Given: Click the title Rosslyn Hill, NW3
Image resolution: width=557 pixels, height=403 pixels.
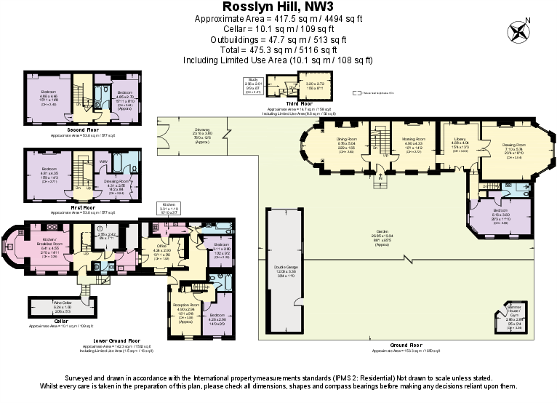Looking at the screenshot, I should click(x=278, y=7).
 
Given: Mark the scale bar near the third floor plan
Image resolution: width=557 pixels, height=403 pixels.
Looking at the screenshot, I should click(x=367, y=93).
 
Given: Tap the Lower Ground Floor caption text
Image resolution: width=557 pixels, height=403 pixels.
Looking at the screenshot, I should click(x=100, y=340).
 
